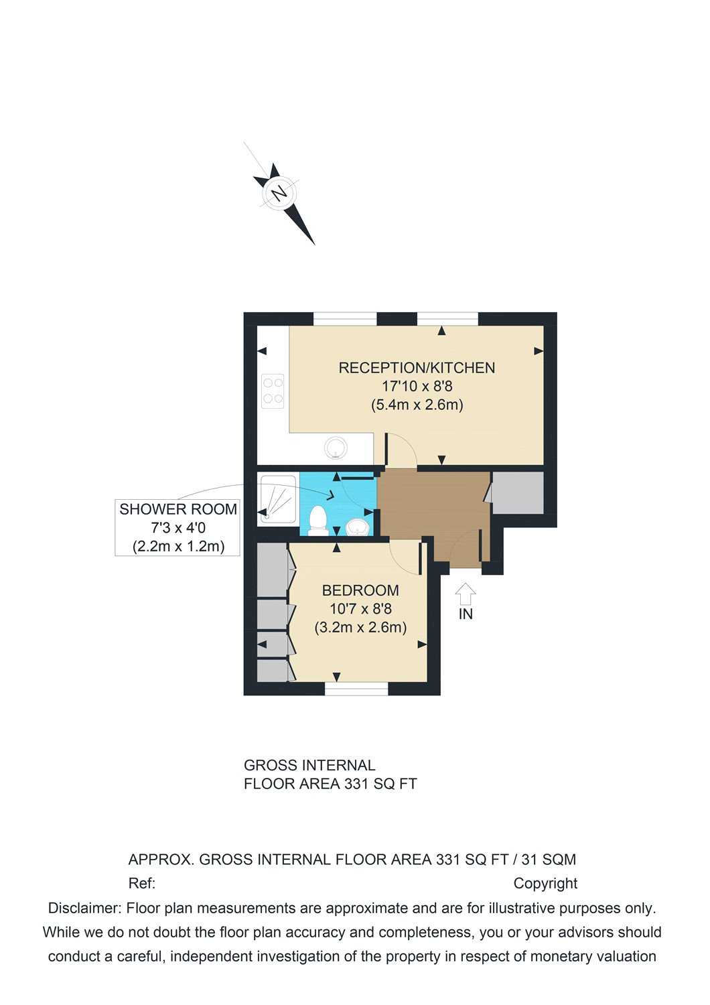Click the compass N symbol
(x=279, y=194)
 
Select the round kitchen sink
(x=335, y=447)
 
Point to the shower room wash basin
(x=358, y=527)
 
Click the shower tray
(x=277, y=500)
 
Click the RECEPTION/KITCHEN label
(x=417, y=368)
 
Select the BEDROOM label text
(x=360, y=590)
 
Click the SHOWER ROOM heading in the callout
(x=178, y=509)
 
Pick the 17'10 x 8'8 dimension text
(x=417, y=387)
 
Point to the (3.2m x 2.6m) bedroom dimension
(x=360, y=628)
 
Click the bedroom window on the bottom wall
(x=356, y=689)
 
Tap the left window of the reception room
(x=345, y=319)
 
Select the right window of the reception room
(x=447, y=319)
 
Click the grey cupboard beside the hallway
(x=518, y=493)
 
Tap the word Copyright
(x=545, y=884)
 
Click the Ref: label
(x=141, y=884)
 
